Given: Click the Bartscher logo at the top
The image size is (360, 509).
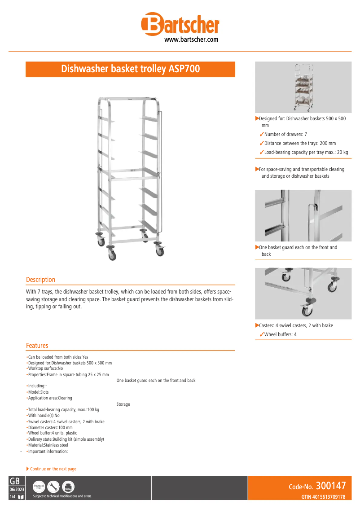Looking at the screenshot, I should pyautogui.click(x=180, y=25).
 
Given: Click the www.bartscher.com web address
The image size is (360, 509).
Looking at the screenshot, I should pyautogui.click(x=191, y=39).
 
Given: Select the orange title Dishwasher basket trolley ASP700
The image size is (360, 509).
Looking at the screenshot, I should pyautogui.click(x=130, y=69).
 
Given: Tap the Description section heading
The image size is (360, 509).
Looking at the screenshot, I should pyautogui.click(x=40, y=280).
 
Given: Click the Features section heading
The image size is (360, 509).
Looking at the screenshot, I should pyautogui.click(x=37, y=345).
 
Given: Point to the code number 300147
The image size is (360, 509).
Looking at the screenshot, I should pyautogui.click(x=330, y=486).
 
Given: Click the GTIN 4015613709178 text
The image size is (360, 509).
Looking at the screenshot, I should pyautogui.click(x=323, y=497).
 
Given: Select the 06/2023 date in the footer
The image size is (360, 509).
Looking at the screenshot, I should pyautogui.click(x=17, y=489).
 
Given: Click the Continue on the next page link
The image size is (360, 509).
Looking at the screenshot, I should pyautogui.click(x=53, y=469).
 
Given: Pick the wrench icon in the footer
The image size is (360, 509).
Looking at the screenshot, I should pyautogui.click(x=53, y=487).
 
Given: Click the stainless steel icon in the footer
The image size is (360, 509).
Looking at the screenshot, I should pyautogui.click(x=39, y=487).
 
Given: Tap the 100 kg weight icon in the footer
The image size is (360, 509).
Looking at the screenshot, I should pyautogui.click(x=68, y=487).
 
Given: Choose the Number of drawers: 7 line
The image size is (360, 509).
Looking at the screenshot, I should pyautogui.click(x=285, y=134).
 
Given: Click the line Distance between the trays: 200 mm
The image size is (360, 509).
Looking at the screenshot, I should pyautogui.click(x=300, y=143).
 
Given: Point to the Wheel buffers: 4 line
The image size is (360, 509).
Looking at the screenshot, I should pyautogui.click(x=280, y=334).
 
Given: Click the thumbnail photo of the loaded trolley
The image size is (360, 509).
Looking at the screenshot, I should pyautogui.click(x=303, y=88).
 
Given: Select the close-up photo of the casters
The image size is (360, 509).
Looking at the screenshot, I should pyautogui.click(x=303, y=293).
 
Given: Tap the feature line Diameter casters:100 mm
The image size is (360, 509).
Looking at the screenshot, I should pyautogui.click(x=50, y=428).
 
